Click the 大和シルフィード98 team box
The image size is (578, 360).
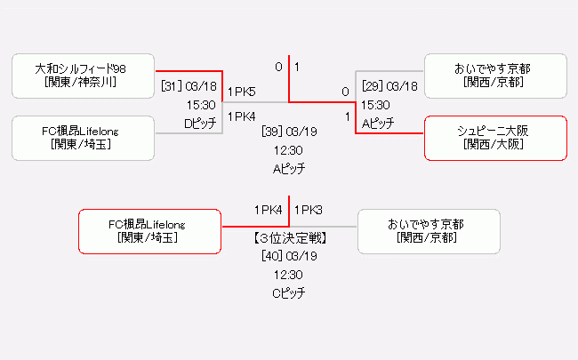tap(84, 76)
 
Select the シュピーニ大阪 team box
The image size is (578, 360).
tap(495, 138)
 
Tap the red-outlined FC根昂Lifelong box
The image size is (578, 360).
tap(150, 231)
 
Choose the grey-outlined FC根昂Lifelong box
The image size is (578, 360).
tap(84, 138)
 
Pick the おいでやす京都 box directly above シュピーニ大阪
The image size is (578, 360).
tap(495, 76)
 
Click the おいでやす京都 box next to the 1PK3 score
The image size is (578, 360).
tap(428, 231)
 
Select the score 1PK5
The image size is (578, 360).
tap(241, 92)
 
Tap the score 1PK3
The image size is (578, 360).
tap(308, 210)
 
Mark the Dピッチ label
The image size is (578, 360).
tap(200, 124)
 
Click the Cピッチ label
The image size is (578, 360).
tap(289, 293)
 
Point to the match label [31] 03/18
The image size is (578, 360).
tap(189, 86)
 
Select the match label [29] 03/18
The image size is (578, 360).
tap(389, 86)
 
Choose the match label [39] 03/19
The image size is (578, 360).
tap(290, 132)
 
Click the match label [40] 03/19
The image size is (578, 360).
tap(290, 256)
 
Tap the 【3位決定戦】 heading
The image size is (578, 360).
tap(289, 238)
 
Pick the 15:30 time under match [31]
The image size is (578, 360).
tap(201, 105)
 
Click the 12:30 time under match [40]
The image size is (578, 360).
tap(289, 275)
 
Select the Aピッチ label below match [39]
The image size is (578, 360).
tap(289, 168)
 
